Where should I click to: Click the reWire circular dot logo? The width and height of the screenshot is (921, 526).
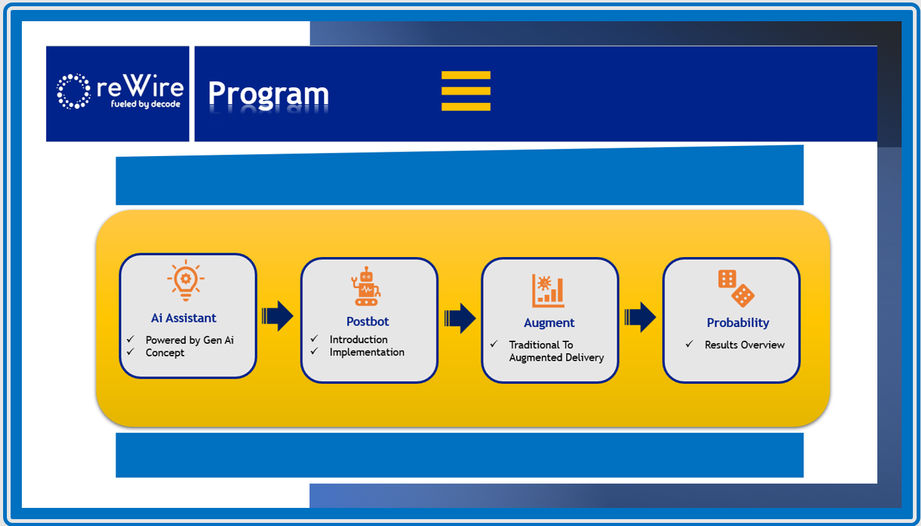[x=74, y=91]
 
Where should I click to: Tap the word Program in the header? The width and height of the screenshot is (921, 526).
[x=268, y=94]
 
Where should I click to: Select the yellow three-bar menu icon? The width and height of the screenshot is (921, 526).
[x=465, y=91]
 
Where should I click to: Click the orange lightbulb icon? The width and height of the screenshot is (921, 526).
[x=185, y=280]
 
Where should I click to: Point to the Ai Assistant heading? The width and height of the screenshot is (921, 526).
[x=183, y=318]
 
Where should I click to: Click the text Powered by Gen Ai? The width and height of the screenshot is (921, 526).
[x=190, y=340]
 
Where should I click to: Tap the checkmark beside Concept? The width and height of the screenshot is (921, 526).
[x=130, y=352]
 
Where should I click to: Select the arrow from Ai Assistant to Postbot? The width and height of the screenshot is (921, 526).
[x=278, y=316]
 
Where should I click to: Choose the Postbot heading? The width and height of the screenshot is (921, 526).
[x=368, y=321]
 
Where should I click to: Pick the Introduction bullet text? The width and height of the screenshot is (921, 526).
[x=358, y=339]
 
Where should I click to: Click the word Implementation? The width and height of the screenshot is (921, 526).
[x=367, y=352]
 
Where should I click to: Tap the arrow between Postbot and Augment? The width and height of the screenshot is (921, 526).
[x=460, y=318]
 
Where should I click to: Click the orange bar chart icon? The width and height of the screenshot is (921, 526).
[x=548, y=291]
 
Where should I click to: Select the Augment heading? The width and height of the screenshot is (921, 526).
[x=549, y=323]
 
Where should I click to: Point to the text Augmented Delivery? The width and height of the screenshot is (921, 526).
[x=557, y=358]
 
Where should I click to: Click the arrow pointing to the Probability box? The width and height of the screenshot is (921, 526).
[x=640, y=317]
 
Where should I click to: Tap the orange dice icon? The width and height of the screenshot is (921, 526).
[x=736, y=288]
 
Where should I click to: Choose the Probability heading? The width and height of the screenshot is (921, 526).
[x=738, y=323]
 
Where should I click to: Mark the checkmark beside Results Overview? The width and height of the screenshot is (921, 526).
[x=690, y=344]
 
